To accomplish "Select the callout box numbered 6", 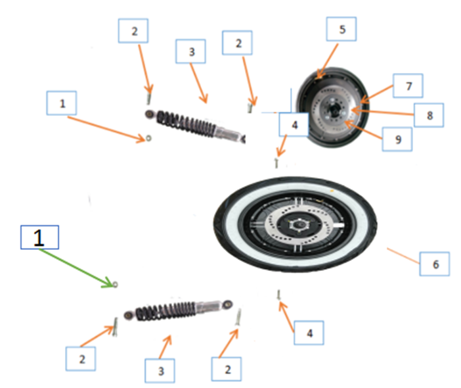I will click(433, 266).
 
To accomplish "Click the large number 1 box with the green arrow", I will click(39, 237).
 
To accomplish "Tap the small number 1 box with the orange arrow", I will click(62, 105).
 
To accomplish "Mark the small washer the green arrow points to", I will click(115, 284).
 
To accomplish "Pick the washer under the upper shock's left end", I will click(149, 138).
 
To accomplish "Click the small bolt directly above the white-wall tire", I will click(276, 161).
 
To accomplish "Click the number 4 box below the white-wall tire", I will click(309, 334).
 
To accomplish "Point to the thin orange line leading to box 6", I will click(402, 256).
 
